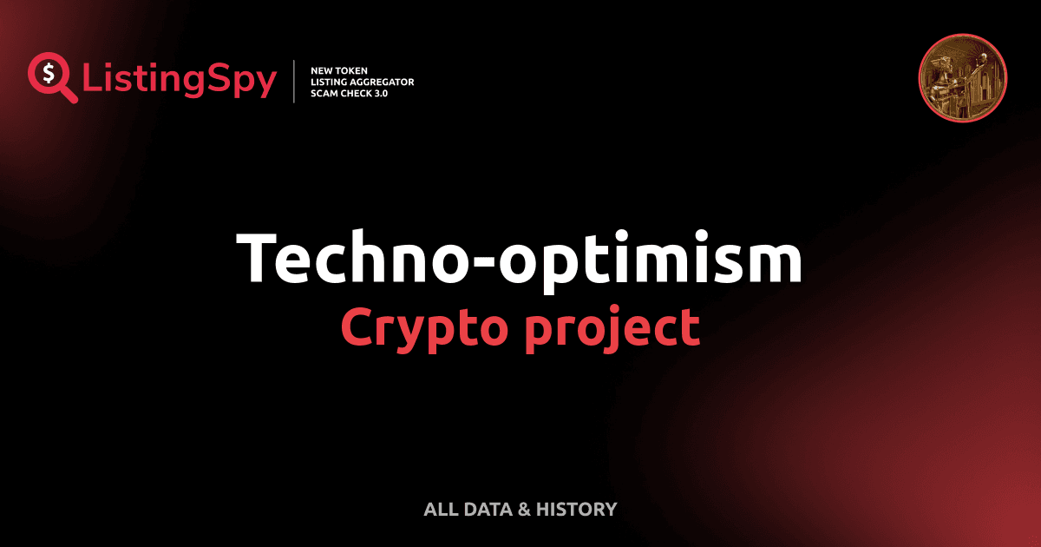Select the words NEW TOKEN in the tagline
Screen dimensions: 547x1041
[339, 70]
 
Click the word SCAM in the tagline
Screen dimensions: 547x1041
[325, 93]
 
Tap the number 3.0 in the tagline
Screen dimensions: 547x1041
[379, 93]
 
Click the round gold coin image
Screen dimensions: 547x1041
[962, 78]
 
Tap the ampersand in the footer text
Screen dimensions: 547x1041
[523, 510]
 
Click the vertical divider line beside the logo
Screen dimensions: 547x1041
[296, 82]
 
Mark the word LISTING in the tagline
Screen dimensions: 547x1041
[330, 82]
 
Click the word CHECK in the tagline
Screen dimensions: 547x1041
[358, 93]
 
